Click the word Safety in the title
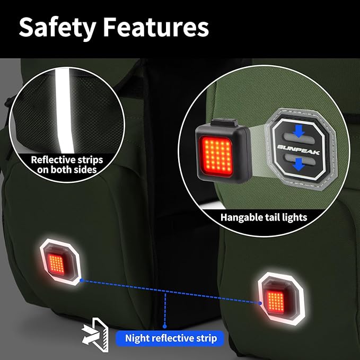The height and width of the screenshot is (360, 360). click(57, 28)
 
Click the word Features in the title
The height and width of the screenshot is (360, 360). click(156, 27)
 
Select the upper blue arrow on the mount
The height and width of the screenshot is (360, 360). click(298, 131)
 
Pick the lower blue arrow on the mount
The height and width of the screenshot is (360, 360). click(298, 164)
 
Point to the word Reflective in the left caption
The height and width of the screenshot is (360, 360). click(49, 160)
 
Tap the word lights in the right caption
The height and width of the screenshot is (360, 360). click(296, 217)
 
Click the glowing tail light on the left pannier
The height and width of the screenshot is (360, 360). click(60, 262)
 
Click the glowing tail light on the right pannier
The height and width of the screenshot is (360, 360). click(281, 298)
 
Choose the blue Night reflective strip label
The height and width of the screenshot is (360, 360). click(170, 338)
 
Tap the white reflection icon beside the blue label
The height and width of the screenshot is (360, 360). click(95, 335)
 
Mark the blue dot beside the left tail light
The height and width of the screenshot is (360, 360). click(82, 280)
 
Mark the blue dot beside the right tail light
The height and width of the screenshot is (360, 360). click(260, 303)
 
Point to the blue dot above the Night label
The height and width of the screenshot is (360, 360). click(164, 326)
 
